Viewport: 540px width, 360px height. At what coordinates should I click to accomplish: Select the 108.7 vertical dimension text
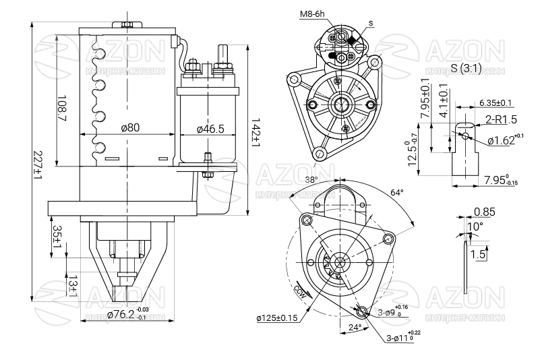pyautogui.click(x=62, y=108)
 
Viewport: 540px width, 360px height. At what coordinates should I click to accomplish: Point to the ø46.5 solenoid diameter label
pyautogui.click(x=210, y=128)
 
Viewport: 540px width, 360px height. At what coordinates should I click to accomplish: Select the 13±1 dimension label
pyautogui.click(x=72, y=286)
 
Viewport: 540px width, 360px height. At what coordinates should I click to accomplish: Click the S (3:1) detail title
pyautogui.click(x=466, y=69)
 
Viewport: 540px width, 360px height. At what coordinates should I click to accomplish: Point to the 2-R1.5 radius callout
pyautogui.click(x=500, y=120)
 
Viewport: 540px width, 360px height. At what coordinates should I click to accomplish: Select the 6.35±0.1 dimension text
pyautogui.click(x=496, y=102)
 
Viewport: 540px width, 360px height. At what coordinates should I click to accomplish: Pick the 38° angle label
pyautogui.click(x=311, y=180)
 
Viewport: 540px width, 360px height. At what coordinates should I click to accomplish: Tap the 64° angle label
pyautogui.click(x=397, y=192)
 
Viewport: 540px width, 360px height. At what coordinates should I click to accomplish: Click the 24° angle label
pyautogui.click(x=355, y=327)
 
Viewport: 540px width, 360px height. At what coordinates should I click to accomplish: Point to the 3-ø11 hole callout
pyautogui.click(x=402, y=337)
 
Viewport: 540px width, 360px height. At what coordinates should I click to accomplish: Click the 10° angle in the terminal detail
pyautogui.click(x=476, y=227)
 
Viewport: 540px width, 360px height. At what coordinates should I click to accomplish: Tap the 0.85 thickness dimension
pyautogui.click(x=484, y=212)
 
